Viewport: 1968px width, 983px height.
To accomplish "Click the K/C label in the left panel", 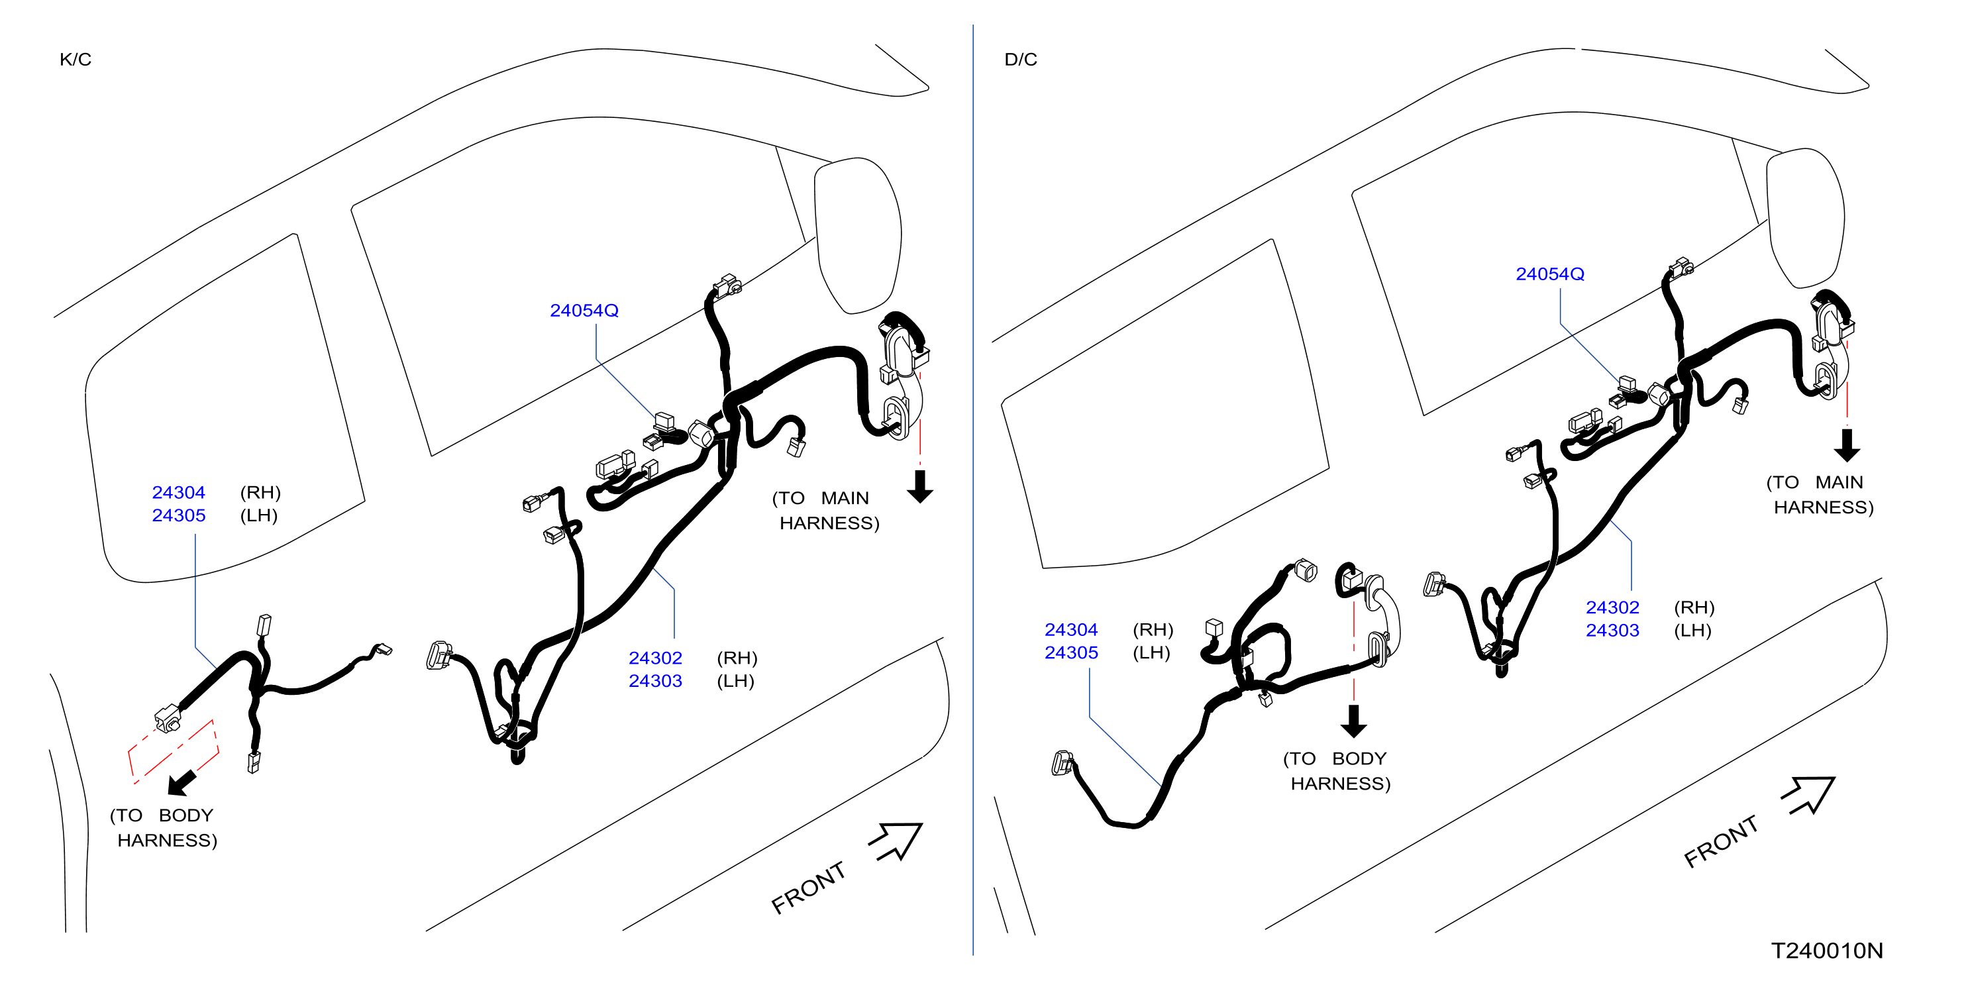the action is tap(75, 60).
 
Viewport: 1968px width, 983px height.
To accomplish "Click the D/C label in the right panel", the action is tap(1021, 60).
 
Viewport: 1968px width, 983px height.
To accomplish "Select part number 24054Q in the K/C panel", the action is tap(584, 310).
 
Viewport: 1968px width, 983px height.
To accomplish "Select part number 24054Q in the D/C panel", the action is tap(1549, 274).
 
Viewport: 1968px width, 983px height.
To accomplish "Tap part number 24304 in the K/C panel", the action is tap(178, 493).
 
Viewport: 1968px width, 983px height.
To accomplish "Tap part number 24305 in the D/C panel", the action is tap(1070, 652).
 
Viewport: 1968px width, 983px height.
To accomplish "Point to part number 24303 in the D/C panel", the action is tap(1612, 630).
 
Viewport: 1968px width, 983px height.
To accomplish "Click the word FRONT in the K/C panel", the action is tap(808, 888).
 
